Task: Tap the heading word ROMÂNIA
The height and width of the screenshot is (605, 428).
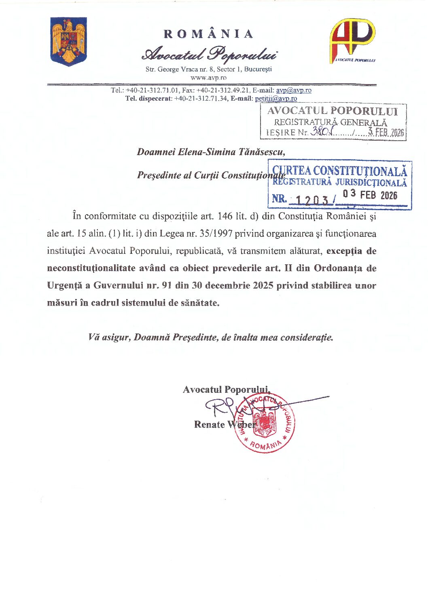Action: pos(208,34)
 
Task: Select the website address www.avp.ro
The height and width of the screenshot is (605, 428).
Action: pos(208,78)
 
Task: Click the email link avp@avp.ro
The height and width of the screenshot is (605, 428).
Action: pos(294,90)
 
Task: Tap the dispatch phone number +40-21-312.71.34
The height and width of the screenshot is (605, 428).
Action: pos(201,98)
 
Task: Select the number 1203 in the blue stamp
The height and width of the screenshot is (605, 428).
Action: pos(311,200)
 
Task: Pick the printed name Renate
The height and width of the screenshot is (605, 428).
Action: pos(210,424)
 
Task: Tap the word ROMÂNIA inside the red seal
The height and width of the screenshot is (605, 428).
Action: pos(265,446)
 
